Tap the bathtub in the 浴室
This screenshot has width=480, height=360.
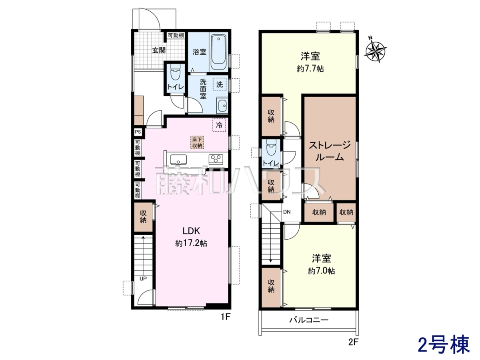coord(218,53)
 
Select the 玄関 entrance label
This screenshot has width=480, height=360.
coord(159,50)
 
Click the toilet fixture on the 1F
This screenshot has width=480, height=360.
coord(174,72)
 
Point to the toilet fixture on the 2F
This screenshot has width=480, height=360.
coord(271,148)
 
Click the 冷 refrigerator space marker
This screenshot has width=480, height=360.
coord(219,125)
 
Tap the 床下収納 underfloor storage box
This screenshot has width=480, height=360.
coord(197,142)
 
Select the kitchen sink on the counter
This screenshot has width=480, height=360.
coord(178,159)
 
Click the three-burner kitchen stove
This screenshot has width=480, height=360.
coord(216,159)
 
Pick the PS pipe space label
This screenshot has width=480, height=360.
coord(138,132)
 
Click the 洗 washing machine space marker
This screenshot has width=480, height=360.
coord(220,84)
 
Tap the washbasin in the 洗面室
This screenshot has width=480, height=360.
coord(222,106)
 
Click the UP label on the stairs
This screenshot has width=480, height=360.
coord(143,279)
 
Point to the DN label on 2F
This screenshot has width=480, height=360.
coord(287,212)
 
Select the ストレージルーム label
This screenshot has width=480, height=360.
coord(330,151)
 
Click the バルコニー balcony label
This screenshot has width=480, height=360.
coord(309,320)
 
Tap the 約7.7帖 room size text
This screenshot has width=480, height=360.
coord(310,69)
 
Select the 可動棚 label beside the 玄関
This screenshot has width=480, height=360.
coord(176,35)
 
